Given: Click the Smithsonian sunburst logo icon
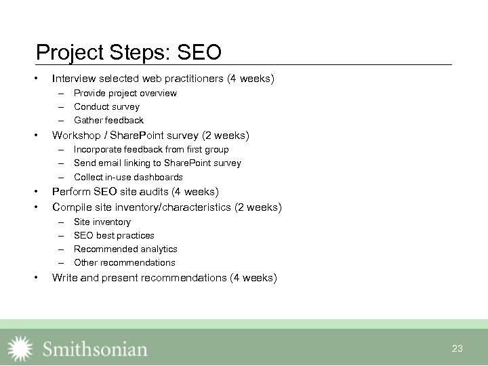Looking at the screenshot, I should click(x=20, y=348).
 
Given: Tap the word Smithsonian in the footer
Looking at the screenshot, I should click(x=95, y=349).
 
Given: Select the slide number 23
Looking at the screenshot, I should click(x=457, y=348).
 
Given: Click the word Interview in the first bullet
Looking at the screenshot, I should click(x=72, y=79).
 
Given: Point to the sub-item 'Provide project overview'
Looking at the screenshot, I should click(x=125, y=93).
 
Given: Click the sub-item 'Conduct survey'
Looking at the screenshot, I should click(x=106, y=106).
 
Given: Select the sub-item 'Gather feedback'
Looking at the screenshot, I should click(x=108, y=120).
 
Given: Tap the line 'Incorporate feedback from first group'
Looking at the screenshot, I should click(x=151, y=149).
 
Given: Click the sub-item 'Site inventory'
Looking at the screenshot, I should click(x=102, y=222).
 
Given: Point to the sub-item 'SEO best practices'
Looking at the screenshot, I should click(x=114, y=235).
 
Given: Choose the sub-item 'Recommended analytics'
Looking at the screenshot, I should click(x=125, y=249).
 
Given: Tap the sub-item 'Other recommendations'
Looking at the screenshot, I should click(x=124, y=262).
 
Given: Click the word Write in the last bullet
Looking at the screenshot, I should click(x=64, y=277).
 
